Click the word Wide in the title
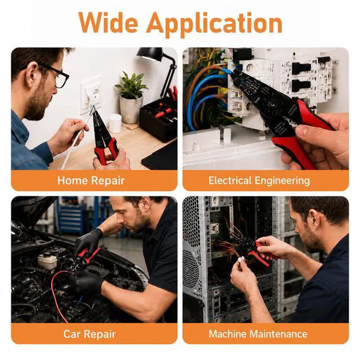tap(108, 22)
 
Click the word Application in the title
tap(214, 25)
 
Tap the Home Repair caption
tap(91, 181)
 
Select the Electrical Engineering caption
tap(259, 181)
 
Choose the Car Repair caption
tap(89, 334)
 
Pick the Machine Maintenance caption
tap(258, 334)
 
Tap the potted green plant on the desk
tap(131, 96)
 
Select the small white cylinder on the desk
tap(115, 124)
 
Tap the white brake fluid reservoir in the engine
tap(47, 261)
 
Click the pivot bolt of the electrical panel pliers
tap(272, 105)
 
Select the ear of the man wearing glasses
tap(32, 74)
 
